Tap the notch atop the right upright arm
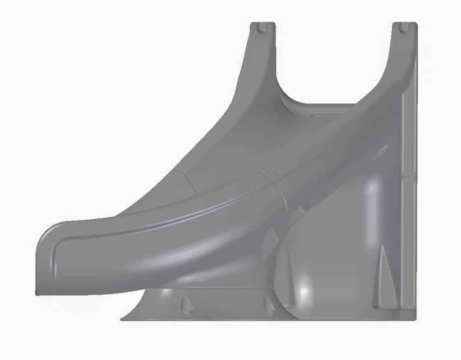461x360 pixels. point(404,27)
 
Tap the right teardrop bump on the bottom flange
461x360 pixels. point(270,305)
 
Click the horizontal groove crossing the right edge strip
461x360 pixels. point(409,175)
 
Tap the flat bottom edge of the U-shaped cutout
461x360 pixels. point(324,104)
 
